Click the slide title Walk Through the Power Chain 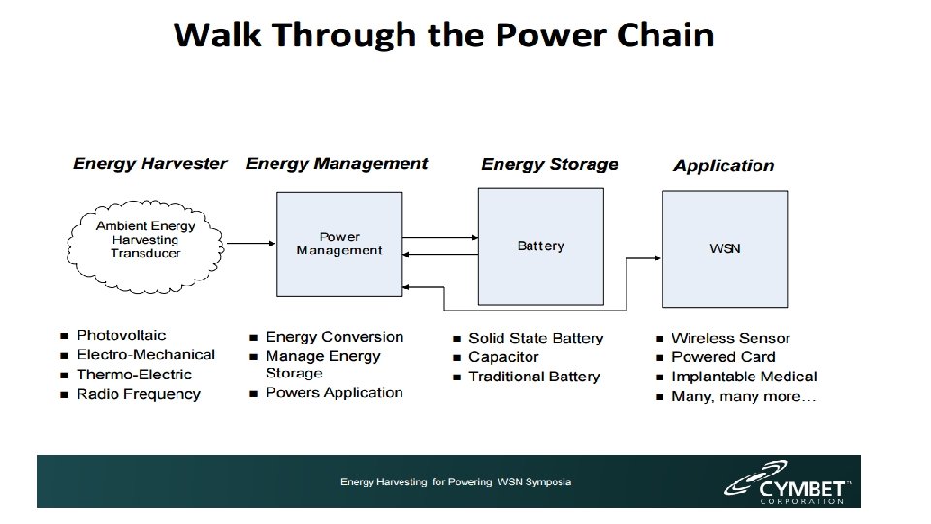coord(444,36)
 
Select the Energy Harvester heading coord(150,163)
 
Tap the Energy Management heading coord(337,163)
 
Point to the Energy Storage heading coord(549,164)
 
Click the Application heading coord(723,165)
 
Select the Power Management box coord(339,244)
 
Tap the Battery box coord(540,246)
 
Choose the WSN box coord(724,248)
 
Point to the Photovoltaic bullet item coord(121,336)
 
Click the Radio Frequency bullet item coord(138,394)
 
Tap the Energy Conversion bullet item coord(334,337)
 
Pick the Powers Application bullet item coord(334,393)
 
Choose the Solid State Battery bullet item coord(535,338)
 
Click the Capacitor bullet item coord(503,357)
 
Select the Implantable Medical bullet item coord(744,377)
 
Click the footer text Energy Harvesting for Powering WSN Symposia coord(455,482)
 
